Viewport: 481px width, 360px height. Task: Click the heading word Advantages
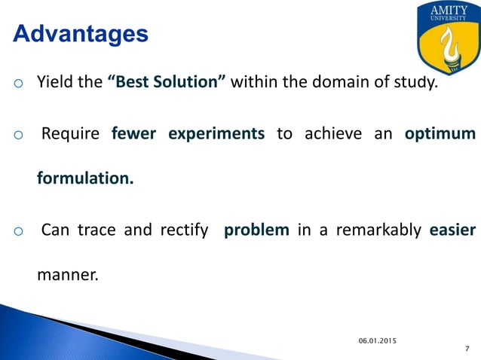click(81, 34)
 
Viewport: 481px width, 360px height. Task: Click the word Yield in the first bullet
click(54, 82)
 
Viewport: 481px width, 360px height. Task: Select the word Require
click(70, 134)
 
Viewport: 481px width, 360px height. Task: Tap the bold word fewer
click(133, 134)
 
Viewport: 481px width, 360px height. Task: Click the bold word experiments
click(216, 134)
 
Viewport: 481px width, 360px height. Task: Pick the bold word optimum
click(440, 134)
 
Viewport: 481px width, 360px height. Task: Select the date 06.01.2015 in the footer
click(376, 341)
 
